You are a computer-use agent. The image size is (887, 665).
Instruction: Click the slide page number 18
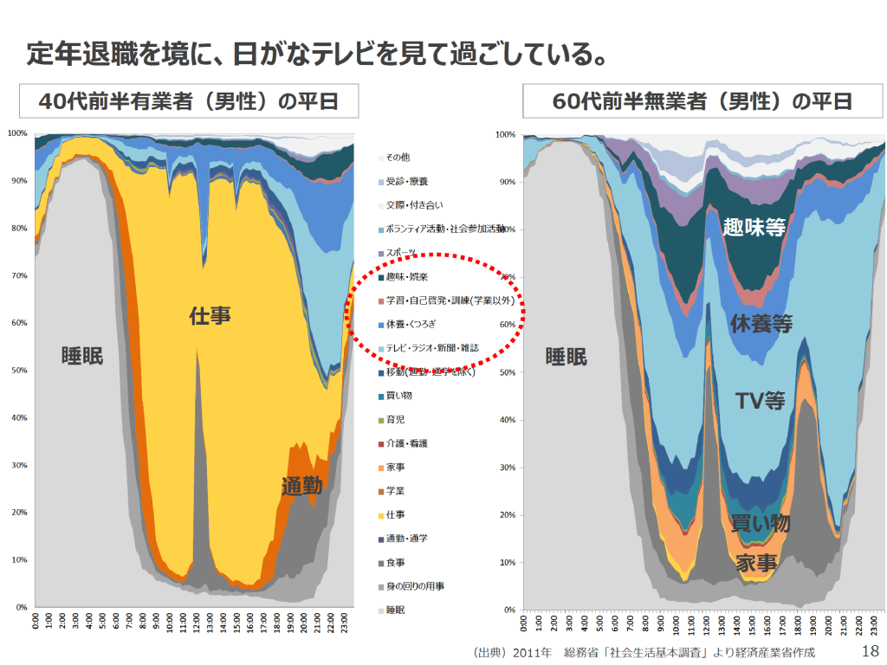[x=870, y=651]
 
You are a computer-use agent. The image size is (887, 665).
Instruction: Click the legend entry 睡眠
[x=395, y=610]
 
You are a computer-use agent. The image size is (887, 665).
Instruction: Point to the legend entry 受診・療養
[x=406, y=182]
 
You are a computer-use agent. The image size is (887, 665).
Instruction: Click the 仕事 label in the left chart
[x=210, y=316]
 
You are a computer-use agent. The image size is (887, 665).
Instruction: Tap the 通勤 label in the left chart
[x=301, y=487]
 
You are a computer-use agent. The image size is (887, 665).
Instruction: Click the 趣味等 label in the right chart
[x=754, y=228]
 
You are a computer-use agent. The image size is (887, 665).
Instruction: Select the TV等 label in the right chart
[x=761, y=401]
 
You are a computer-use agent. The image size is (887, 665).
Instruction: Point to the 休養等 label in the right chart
[x=761, y=324]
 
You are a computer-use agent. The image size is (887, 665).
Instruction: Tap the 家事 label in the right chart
[x=756, y=563]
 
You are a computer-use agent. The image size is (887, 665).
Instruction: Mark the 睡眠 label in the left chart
[x=82, y=356]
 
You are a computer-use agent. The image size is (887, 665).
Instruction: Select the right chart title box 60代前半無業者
[x=702, y=102]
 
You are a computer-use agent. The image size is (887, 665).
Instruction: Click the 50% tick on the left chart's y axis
[x=17, y=370]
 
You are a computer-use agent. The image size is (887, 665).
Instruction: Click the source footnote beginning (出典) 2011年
[x=644, y=651]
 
